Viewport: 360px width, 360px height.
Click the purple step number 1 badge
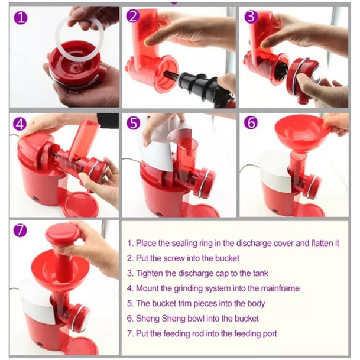(x=21, y=18)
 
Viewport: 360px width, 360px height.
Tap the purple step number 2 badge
(x=133, y=17)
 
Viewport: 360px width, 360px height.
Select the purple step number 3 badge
(x=251, y=17)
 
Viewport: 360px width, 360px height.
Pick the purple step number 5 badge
(x=134, y=123)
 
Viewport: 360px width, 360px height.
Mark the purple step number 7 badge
(x=20, y=231)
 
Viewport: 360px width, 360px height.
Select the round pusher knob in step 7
(x=63, y=233)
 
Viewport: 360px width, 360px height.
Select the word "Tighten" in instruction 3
(x=150, y=274)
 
